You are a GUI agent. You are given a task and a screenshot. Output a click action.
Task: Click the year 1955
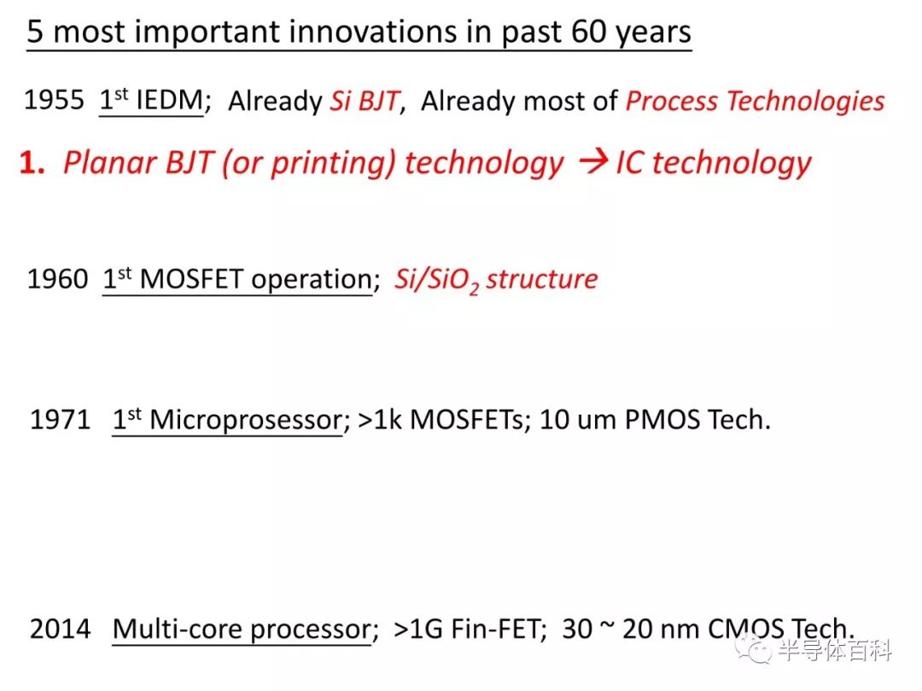pyautogui.click(x=54, y=100)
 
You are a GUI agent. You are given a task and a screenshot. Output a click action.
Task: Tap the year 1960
pyautogui.click(x=58, y=278)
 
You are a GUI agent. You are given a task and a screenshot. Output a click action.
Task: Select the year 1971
pyautogui.click(x=60, y=420)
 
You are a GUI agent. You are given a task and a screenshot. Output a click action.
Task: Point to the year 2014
pyautogui.click(x=60, y=629)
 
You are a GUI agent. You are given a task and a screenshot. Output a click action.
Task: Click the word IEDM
pyautogui.click(x=169, y=100)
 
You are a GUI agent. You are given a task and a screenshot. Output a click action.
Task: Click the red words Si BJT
pyautogui.click(x=365, y=101)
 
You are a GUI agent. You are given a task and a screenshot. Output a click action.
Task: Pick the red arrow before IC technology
pyautogui.click(x=592, y=160)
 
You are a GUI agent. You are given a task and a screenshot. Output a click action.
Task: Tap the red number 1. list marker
pyautogui.click(x=32, y=162)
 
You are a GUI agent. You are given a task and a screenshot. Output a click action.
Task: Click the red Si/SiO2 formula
pyautogui.click(x=436, y=280)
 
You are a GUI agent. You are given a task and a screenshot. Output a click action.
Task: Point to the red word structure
pyautogui.click(x=541, y=279)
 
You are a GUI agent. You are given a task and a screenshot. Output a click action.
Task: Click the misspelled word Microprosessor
pyautogui.click(x=247, y=421)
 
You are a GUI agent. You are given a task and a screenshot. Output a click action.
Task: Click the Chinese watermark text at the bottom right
pyautogui.click(x=834, y=650)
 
